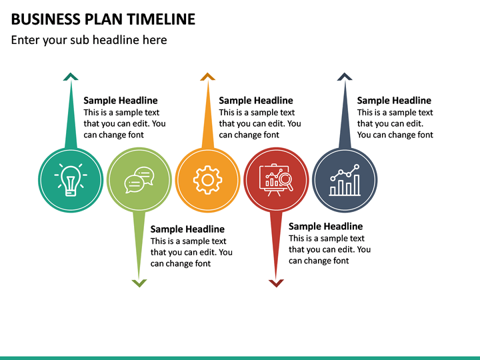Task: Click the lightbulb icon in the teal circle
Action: [x=70, y=180]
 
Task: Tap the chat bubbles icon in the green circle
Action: [x=139, y=180]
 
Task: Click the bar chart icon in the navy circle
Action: [x=345, y=180]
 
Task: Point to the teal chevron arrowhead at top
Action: [x=71, y=77]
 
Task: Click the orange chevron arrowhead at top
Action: [x=208, y=77]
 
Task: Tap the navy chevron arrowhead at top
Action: [x=345, y=77]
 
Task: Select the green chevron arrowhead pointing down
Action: [x=139, y=283]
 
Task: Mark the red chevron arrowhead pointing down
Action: [x=276, y=283]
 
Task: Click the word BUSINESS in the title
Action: [x=43, y=19]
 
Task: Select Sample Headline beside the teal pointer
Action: [x=121, y=101]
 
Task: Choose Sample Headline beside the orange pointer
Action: [x=256, y=101]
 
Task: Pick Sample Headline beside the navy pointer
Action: [x=394, y=101]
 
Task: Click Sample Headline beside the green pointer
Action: [x=187, y=229]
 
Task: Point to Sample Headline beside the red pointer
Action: [x=325, y=227]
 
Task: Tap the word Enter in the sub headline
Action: [x=26, y=40]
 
